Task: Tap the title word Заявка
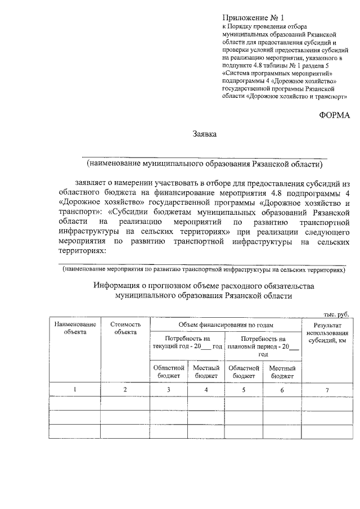(x=204, y=134)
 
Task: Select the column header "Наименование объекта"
(x=75, y=328)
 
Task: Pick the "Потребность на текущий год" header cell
(x=187, y=342)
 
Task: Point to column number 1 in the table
(x=75, y=389)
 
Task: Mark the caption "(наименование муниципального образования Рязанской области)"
(x=204, y=164)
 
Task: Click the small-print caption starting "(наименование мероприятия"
(x=204, y=270)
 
